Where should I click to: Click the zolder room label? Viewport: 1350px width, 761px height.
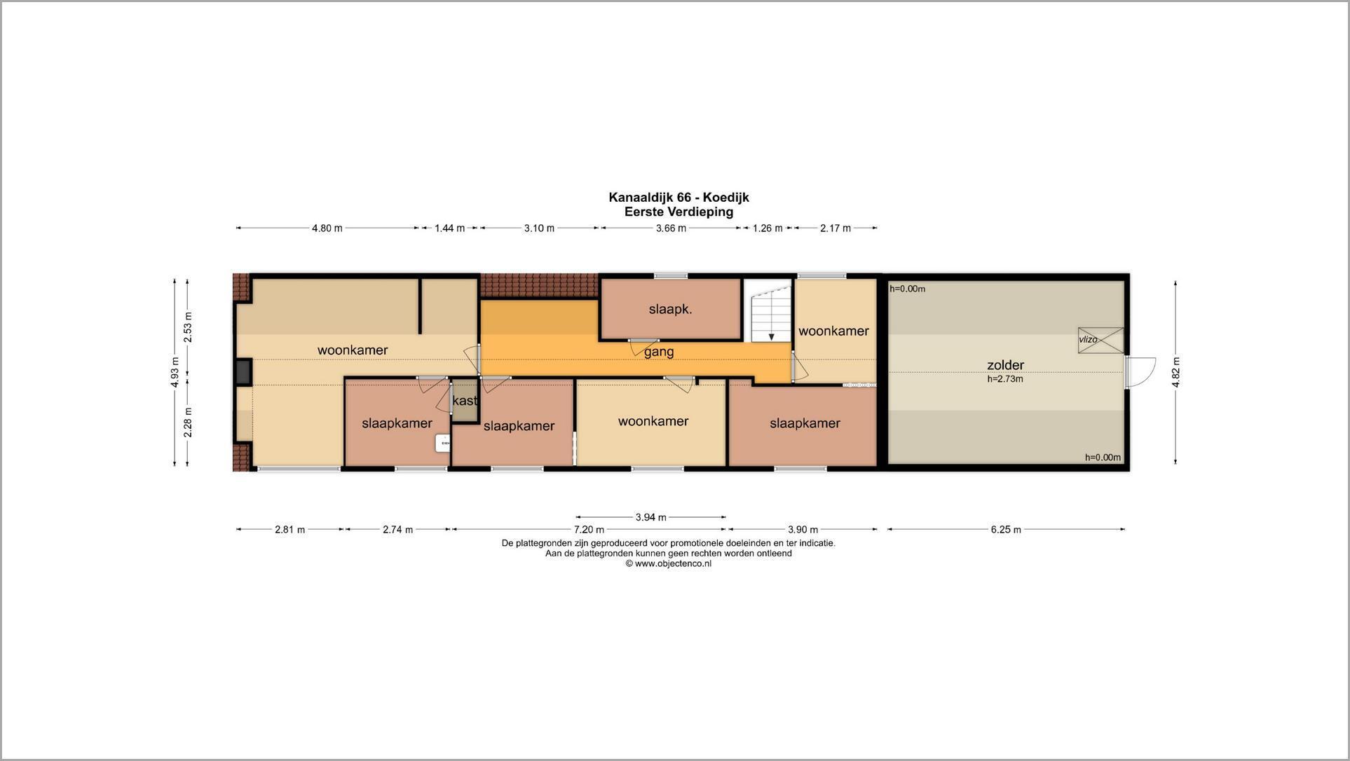coord(1005,365)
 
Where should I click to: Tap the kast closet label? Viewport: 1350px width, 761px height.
coord(465,401)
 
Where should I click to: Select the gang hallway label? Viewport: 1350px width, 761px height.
coord(659,352)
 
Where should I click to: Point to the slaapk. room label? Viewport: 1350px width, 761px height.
coord(670,309)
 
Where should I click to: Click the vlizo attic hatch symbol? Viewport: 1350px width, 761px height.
coord(1100,340)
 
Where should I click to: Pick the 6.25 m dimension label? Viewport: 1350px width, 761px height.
coord(1006,530)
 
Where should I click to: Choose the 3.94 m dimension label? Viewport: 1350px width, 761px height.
coord(650,517)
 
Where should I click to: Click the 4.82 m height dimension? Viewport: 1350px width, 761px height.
coord(1175,371)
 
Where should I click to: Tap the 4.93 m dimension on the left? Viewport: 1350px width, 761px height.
coord(175,371)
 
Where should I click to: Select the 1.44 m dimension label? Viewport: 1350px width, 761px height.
coord(449,228)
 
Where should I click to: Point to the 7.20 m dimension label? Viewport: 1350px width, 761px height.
coord(589,530)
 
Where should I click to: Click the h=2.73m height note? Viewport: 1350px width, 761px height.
coord(1005,379)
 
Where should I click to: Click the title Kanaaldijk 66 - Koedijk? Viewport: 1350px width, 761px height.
coord(679,198)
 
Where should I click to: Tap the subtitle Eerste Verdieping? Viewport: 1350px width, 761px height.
coord(679,212)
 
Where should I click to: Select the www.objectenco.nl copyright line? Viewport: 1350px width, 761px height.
coord(669,563)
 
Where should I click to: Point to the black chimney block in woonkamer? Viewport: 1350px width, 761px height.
coord(243,371)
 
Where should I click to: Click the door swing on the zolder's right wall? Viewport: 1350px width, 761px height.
coord(1140,372)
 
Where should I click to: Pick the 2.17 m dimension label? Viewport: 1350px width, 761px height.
coord(836,228)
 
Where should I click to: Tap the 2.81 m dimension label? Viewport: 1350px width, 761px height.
coord(289,530)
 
